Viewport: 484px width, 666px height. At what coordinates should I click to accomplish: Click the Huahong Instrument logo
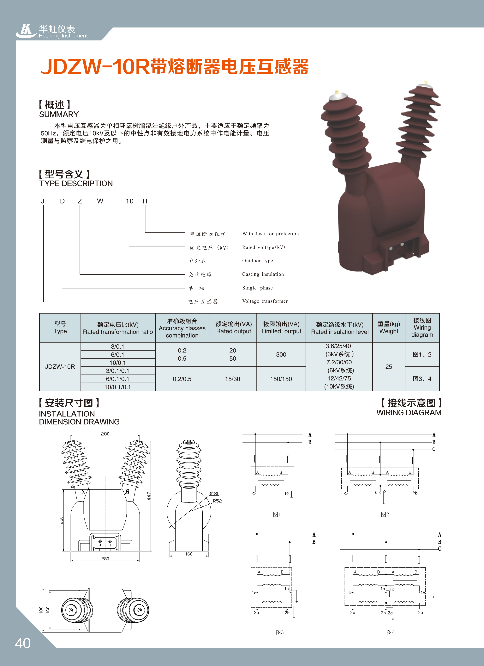click(52, 31)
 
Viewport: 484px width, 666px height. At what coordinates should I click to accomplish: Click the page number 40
click(23, 643)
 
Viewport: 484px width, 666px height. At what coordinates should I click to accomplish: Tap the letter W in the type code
click(100, 201)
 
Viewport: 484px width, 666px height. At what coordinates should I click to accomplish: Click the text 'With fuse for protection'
click(271, 234)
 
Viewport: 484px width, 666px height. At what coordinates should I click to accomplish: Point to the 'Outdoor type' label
click(258, 261)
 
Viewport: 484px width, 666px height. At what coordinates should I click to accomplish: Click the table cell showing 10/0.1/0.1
click(118, 387)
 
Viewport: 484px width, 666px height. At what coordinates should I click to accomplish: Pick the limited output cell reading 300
click(281, 354)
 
